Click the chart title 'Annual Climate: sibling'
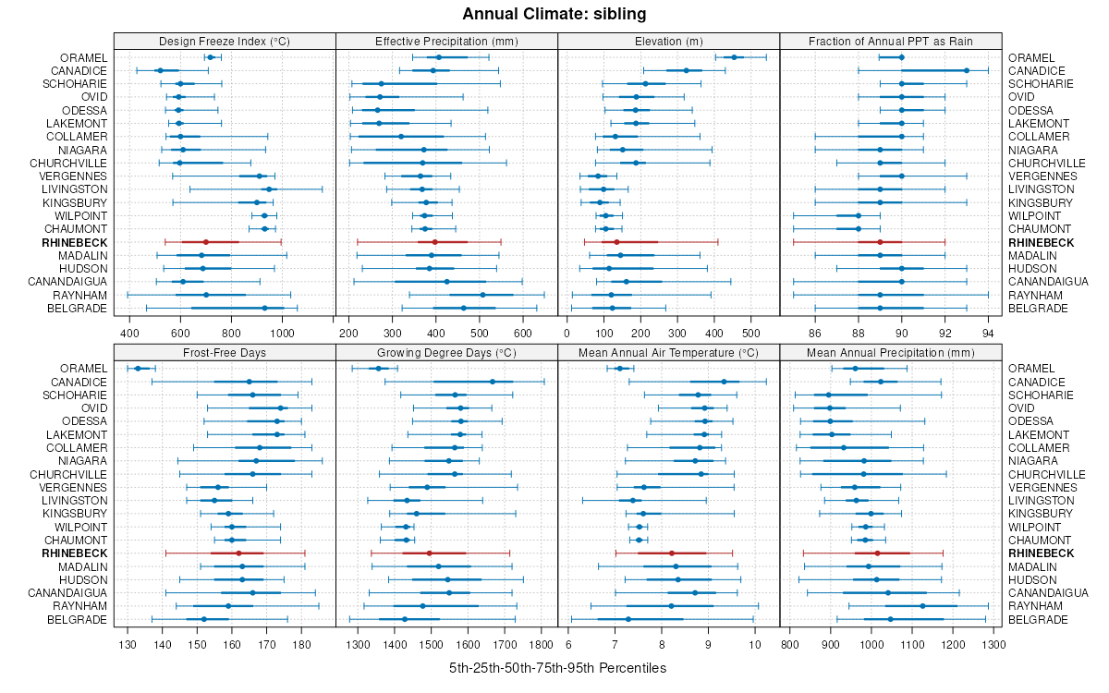(x=554, y=14)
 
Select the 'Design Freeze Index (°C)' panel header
(x=225, y=41)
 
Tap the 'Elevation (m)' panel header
(x=669, y=41)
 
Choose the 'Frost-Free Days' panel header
(x=225, y=352)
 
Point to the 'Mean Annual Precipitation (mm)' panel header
(x=891, y=352)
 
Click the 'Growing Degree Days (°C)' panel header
(x=446, y=352)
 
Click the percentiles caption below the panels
(x=557, y=667)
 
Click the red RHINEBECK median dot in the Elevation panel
(x=616, y=242)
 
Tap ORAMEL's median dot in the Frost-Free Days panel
(x=138, y=369)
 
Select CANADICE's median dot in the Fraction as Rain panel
(x=967, y=70)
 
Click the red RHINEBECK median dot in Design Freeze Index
(x=206, y=242)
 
